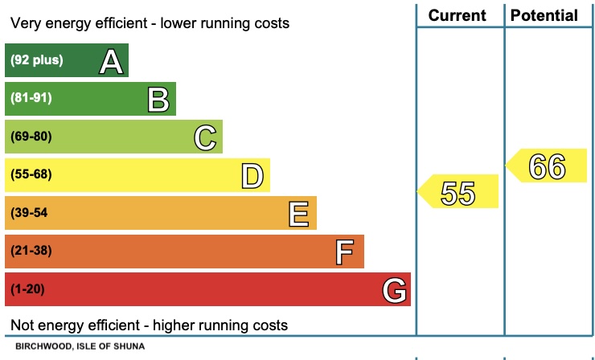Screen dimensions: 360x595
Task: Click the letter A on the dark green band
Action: [x=110, y=61]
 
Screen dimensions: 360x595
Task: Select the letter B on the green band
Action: [x=158, y=99]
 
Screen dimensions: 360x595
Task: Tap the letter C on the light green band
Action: [x=205, y=137]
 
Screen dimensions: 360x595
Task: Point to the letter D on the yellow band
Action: [x=252, y=175]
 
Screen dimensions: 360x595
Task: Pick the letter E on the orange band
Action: [x=299, y=214]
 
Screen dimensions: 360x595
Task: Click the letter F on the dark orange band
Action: [x=345, y=252]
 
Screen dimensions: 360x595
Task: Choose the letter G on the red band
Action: [x=394, y=289]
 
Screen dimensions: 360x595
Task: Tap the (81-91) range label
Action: [x=31, y=98]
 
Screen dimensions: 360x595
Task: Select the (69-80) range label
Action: [x=31, y=137]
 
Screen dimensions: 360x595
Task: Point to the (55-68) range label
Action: [x=31, y=174]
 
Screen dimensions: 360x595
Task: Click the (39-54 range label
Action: [x=30, y=213]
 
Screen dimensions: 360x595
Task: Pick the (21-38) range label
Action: [x=31, y=251]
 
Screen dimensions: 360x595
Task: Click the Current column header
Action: [x=458, y=15]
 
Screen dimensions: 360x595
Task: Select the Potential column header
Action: [x=544, y=15]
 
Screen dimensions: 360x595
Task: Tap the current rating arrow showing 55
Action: [x=458, y=193]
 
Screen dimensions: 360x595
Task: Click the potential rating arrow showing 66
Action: [x=547, y=166]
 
